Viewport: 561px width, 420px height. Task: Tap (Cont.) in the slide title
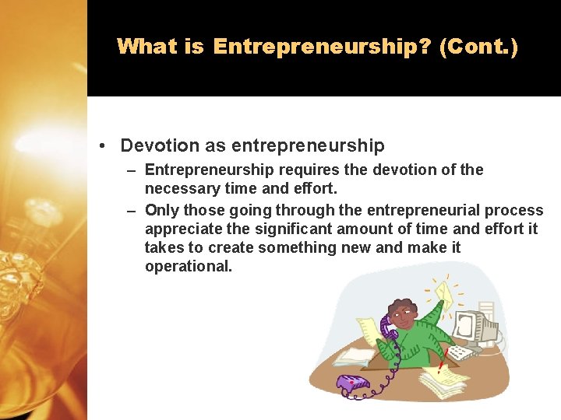click(478, 47)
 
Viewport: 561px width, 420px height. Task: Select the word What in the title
click(148, 47)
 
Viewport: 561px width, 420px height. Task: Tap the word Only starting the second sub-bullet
click(162, 210)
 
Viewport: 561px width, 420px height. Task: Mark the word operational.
click(189, 267)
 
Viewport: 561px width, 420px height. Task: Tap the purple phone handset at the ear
click(387, 325)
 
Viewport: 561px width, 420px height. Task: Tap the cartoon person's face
click(404, 314)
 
